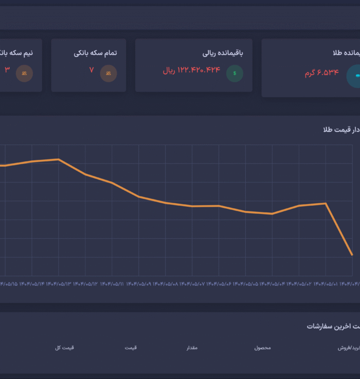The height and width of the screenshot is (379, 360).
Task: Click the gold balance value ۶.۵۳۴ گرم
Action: click(x=321, y=73)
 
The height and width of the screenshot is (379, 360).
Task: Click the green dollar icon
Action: click(x=235, y=73)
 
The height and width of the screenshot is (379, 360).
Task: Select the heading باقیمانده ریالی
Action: click(x=222, y=53)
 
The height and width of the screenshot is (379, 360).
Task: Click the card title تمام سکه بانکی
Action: click(x=95, y=53)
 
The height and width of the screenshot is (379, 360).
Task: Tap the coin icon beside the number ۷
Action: click(x=108, y=73)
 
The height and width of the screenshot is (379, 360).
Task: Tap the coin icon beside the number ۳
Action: click(x=24, y=73)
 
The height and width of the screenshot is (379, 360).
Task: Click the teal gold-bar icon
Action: click(x=354, y=76)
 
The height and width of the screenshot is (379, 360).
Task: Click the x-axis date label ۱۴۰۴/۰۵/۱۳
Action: click(x=59, y=283)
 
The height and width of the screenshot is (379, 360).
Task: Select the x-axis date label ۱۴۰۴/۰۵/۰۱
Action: click(x=326, y=283)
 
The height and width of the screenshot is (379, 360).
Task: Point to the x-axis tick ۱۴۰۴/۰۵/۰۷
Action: click(x=192, y=283)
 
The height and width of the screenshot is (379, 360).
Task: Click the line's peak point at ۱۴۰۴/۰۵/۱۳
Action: click(x=59, y=159)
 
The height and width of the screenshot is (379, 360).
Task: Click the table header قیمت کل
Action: click(x=65, y=348)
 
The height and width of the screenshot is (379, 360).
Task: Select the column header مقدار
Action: click(x=192, y=348)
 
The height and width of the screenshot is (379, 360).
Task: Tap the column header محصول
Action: click(x=262, y=348)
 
